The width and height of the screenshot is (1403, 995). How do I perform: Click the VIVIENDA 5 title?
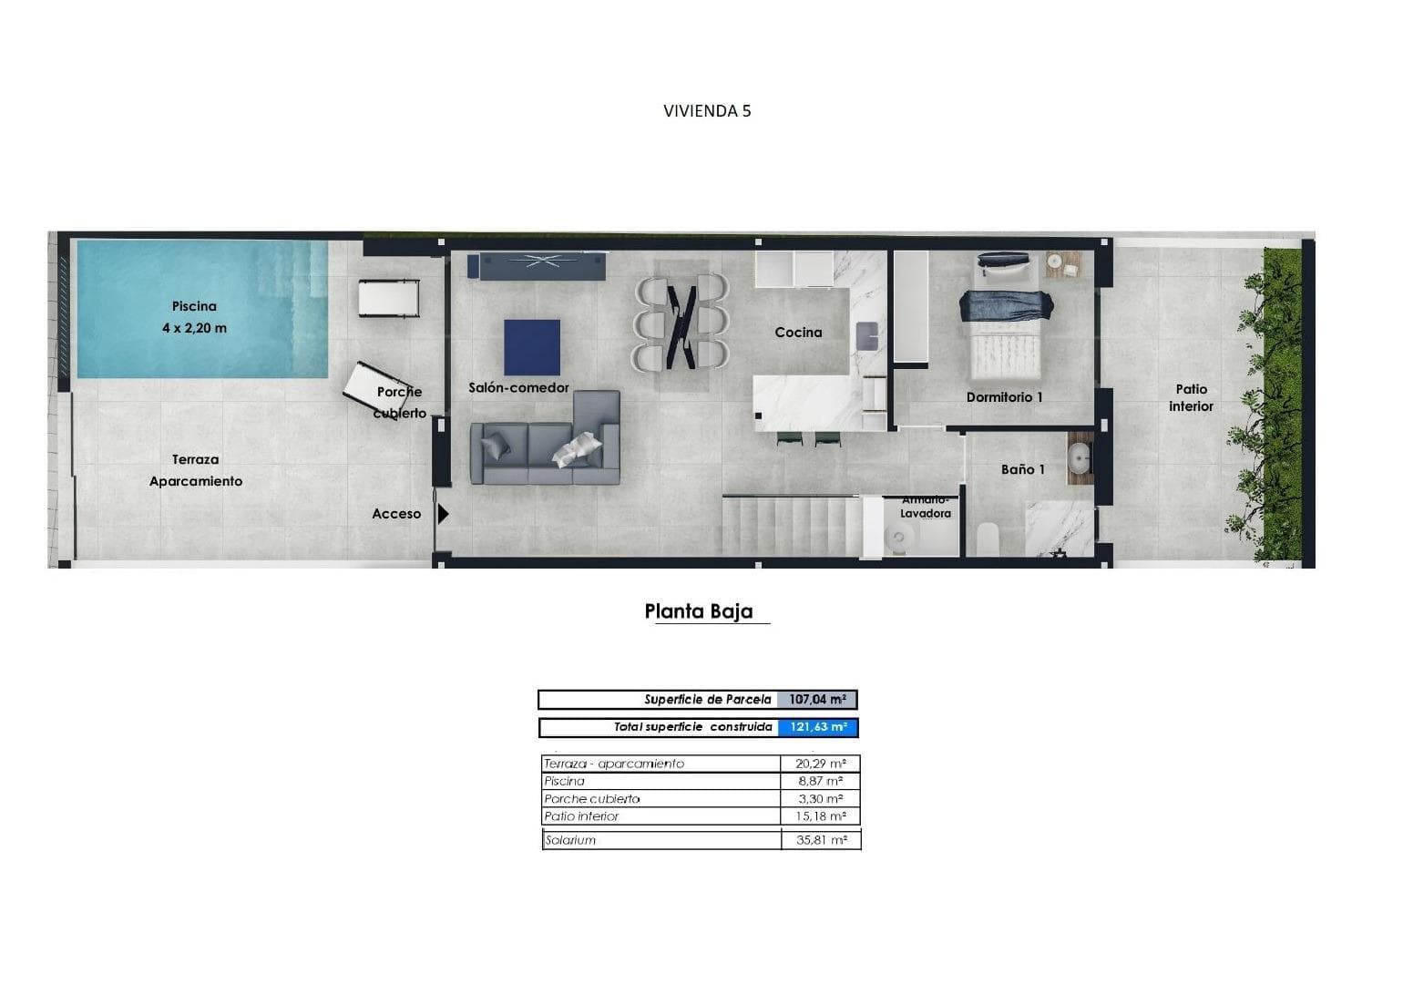click(x=707, y=111)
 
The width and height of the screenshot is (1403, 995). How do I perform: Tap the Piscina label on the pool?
click(x=194, y=306)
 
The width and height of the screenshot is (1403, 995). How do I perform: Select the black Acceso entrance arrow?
click(x=444, y=514)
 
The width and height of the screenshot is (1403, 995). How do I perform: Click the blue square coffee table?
click(x=532, y=347)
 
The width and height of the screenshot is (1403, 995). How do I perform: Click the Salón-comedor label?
click(x=518, y=388)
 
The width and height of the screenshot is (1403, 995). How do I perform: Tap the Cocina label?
click(x=798, y=333)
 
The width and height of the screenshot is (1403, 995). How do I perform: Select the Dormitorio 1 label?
click(x=1004, y=397)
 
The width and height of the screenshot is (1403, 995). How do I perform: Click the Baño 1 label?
click(x=1023, y=469)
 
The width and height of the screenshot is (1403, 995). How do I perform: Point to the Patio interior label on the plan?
click(x=1191, y=398)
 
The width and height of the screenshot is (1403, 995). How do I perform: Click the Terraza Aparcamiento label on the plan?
click(x=195, y=470)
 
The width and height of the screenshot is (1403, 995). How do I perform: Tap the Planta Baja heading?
click(x=699, y=610)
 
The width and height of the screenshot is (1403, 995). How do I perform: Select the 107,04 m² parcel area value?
click(x=817, y=699)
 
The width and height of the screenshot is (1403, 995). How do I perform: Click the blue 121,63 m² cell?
click(x=817, y=727)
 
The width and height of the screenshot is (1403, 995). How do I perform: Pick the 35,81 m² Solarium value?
click(x=821, y=839)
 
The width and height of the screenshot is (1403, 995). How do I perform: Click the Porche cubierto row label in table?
click(x=592, y=799)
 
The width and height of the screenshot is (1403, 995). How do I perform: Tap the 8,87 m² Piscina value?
click(x=821, y=781)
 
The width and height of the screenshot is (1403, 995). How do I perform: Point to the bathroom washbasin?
click(x=1080, y=458)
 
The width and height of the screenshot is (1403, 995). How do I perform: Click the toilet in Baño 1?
click(x=988, y=539)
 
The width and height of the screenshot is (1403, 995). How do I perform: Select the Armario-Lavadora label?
click(x=925, y=507)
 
